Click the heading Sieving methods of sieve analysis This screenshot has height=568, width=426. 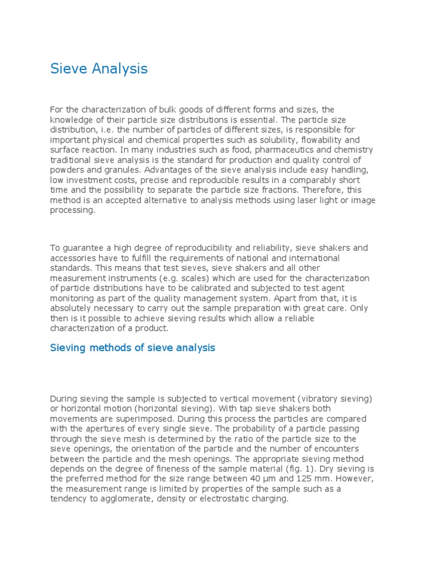tap(133, 348)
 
